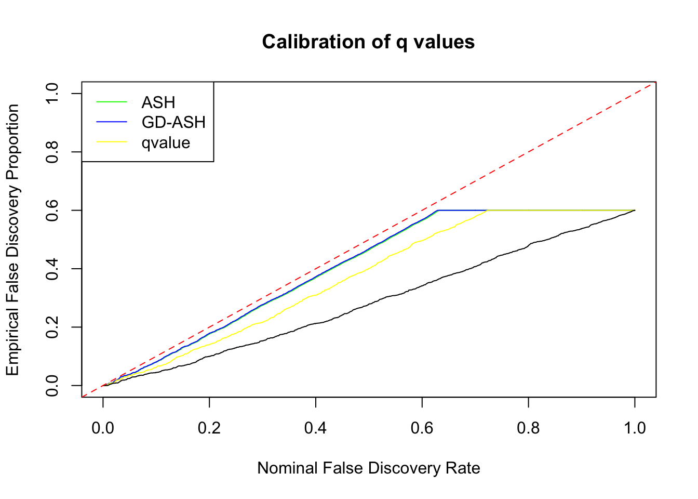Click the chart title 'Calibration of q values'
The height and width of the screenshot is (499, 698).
pos(368,42)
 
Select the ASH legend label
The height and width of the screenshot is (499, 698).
pos(158,102)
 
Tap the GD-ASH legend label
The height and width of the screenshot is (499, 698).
pos(173,122)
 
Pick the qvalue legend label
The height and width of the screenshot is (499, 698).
pos(166,142)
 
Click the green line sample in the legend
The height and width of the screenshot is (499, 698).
pos(112,102)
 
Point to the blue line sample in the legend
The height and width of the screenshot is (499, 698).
pos(112,122)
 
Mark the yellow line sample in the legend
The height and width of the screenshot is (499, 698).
pos(112,142)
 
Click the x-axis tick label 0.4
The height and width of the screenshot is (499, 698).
pos(316,428)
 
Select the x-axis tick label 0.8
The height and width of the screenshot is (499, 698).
pos(528,428)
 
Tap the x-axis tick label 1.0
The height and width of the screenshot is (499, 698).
pos(635,428)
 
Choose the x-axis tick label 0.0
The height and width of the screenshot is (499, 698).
pos(103,428)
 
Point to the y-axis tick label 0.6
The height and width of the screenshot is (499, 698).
pos(52,210)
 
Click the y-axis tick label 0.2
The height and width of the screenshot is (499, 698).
pos(52,327)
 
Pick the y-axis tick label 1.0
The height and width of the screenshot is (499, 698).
pos(52,94)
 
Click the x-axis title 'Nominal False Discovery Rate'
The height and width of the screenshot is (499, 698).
pos(368,468)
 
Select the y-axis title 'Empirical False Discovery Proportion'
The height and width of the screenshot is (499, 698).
pos(12,240)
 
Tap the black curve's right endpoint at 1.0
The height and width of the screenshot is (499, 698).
pos(635,210)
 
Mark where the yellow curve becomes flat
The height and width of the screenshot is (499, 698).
pos(487,210)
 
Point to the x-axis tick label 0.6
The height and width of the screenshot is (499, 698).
pos(422,428)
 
